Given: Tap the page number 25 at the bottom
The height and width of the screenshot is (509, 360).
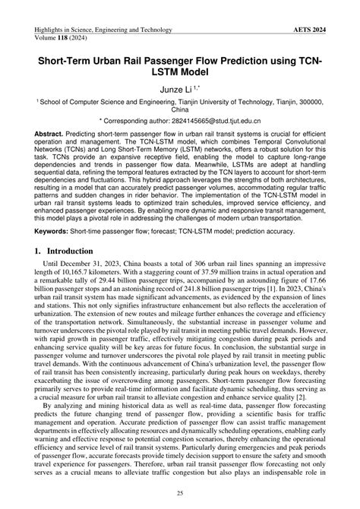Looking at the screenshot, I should point(180,496).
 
